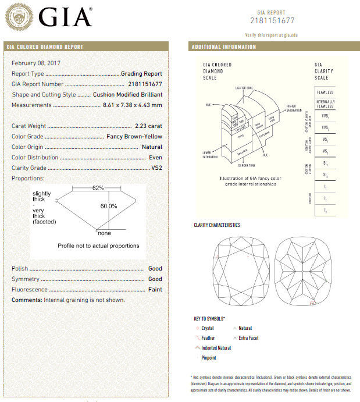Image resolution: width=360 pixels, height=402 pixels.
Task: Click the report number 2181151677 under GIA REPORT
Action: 273,21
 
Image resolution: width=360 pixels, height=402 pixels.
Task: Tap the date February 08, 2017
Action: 36,63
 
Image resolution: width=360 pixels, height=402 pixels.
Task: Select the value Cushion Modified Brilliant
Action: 127,94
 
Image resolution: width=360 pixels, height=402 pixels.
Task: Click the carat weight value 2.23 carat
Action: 148,126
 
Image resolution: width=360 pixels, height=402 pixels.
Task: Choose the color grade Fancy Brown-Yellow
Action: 134,137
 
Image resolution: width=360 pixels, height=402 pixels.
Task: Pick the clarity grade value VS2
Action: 155,168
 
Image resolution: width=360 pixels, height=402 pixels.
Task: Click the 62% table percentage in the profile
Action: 98,188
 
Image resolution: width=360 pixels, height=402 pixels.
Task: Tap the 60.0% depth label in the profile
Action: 109,206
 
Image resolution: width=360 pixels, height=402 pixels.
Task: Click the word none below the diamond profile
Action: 104,233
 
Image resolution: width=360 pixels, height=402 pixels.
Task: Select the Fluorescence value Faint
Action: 154,290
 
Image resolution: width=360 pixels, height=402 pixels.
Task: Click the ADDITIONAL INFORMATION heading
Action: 223,47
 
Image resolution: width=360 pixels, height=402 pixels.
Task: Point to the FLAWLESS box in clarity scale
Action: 325,93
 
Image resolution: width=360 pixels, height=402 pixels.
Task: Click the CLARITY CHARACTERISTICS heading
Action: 216,225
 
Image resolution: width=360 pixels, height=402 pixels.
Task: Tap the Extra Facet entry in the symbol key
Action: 248,338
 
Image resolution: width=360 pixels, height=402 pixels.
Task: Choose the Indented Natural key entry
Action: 216,348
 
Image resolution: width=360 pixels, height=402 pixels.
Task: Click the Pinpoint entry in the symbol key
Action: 209,358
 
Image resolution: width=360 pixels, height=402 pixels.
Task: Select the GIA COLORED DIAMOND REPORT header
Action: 45,47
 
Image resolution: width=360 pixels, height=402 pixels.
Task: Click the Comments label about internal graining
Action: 27,300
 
